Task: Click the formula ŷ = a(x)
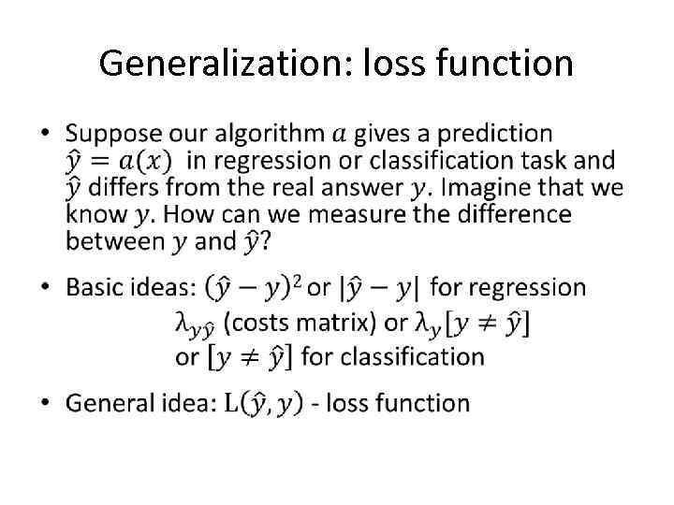[x=124, y=162]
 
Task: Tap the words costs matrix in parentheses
[x=302, y=323]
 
